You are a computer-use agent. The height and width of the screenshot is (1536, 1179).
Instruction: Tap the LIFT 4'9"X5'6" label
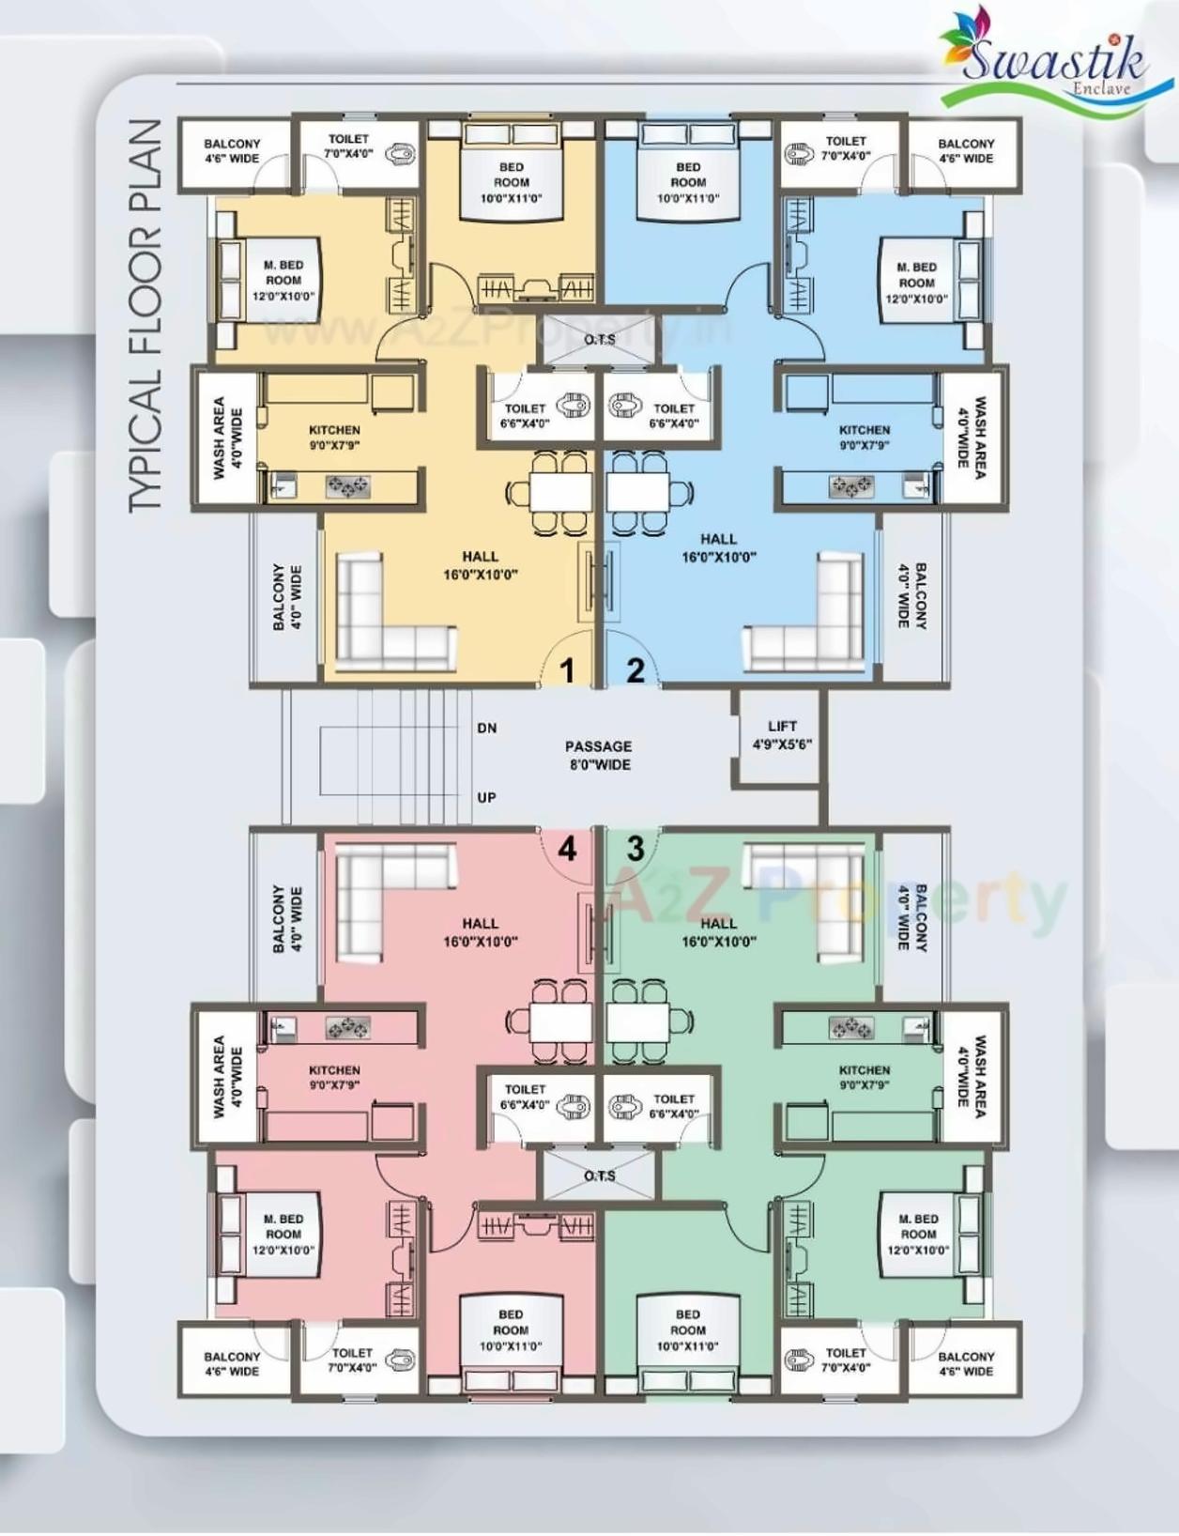[x=782, y=735]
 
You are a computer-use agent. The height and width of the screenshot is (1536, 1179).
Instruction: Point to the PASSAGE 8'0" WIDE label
[x=598, y=755]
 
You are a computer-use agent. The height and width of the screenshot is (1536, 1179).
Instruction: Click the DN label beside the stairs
[x=486, y=728]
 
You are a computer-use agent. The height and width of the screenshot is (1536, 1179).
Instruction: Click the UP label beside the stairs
[x=486, y=797]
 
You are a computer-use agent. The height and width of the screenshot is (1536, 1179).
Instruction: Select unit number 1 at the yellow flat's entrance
[x=567, y=670]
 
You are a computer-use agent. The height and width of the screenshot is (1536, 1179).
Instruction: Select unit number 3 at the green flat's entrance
[x=635, y=849]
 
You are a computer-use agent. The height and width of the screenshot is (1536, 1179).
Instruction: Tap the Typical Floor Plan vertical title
[x=145, y=315]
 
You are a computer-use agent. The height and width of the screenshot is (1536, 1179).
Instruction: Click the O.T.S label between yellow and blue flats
[x=599, y=339]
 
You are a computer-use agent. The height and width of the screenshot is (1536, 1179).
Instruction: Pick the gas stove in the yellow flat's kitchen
[x=347, y=486]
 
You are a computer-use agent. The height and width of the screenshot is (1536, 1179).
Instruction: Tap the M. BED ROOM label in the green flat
[x=917, y=1234]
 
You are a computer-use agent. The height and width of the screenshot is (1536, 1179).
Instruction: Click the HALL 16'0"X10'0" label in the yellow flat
[x=480, y=565]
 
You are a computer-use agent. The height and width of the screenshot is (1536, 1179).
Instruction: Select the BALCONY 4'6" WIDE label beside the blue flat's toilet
[x=965, y=151]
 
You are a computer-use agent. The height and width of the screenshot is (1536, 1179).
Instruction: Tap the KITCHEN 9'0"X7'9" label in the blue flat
[x=864, y=438]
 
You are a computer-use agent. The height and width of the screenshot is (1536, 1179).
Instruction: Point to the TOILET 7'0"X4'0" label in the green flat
[x=845, y=1359]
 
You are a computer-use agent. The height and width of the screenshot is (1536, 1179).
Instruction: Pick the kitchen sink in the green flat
[x=914, y=1029]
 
